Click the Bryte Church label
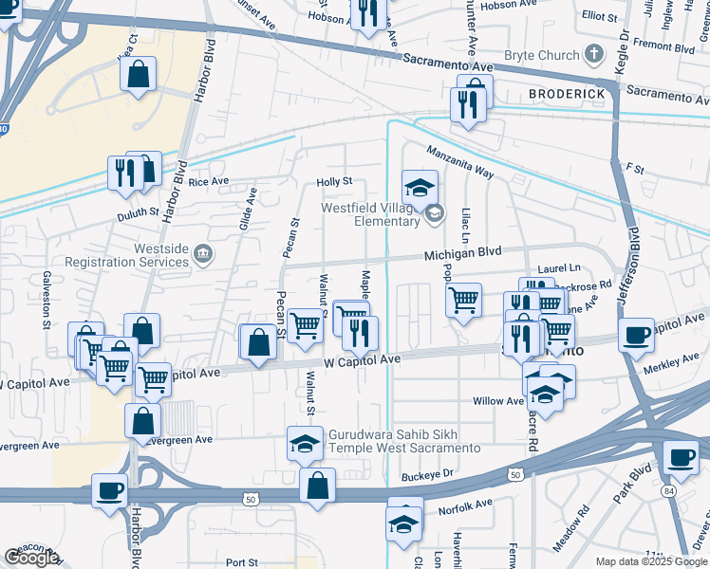[x=542, y=56]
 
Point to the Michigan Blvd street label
[x=462, y=255]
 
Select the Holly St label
[x=334, y=182]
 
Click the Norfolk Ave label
[x=465, y=509]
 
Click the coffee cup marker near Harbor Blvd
[x=111, y=491]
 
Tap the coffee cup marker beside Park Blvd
[x=681, y=457]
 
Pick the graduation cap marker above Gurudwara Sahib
[x=304, y=443]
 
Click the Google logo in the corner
[x=31, y=558]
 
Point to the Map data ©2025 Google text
[x=650, y=561]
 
